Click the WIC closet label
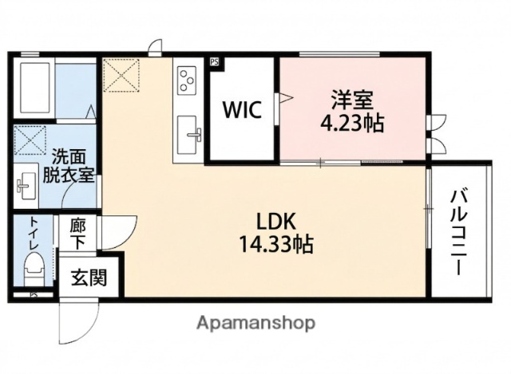tap(241, 109)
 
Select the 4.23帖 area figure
tap(353, 124)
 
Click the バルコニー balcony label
tap(459, 232)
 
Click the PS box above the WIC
tap(214, 61)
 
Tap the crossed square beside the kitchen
tap(122, 77)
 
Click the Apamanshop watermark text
tap(255, 323)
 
